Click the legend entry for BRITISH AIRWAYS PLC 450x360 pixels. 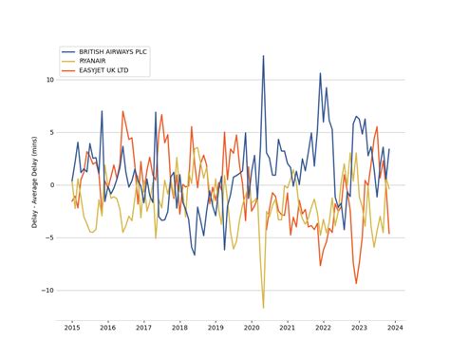113,51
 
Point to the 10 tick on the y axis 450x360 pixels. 52,80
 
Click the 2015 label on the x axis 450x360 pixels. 71,328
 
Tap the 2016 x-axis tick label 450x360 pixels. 107,328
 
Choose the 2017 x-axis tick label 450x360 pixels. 143,328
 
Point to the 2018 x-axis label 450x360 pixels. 179,328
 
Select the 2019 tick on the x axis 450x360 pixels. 216,328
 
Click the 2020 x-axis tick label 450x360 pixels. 252,328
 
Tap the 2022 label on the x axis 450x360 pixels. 324,328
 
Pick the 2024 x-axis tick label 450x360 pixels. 396,328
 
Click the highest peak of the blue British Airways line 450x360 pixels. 264,56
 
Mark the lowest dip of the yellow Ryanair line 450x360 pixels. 264,307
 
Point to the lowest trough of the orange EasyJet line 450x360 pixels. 357,283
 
